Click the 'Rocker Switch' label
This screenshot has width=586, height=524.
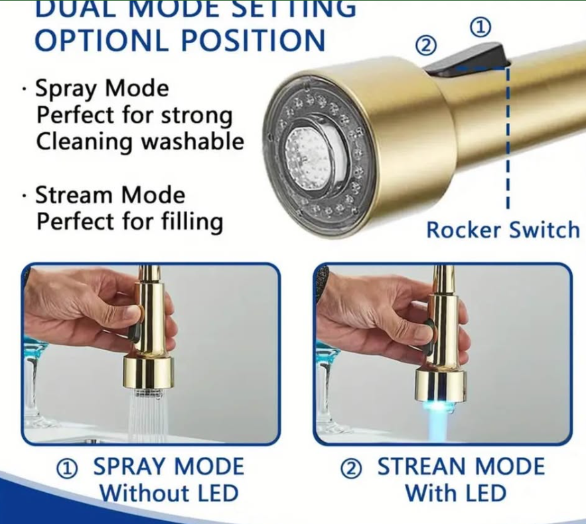(x=502, y=230)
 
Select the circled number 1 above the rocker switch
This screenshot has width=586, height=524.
(x=481, y=27)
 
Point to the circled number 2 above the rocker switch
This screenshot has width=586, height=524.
(x=427, y=46)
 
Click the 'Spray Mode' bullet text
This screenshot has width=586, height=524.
(x=102, y=89)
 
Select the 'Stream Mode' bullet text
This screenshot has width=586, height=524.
(x=110, y=196)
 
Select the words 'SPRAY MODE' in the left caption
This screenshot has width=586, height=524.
(x=169, y=467)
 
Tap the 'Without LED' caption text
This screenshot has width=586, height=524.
(x=169, y=493)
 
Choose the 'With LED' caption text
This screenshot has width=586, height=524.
(x=455, y=493)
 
